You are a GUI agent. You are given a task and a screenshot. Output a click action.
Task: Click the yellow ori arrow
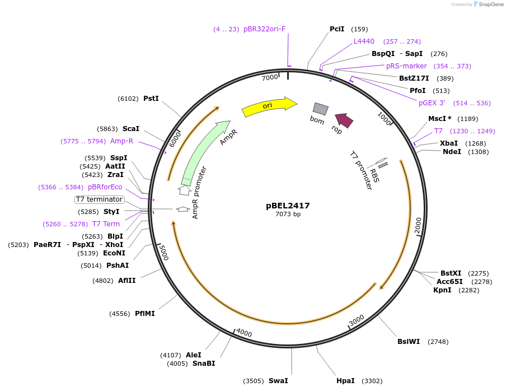point(269,106)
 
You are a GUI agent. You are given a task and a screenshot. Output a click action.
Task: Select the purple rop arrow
point(344,120)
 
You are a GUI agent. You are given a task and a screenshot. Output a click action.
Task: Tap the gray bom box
point(320,109)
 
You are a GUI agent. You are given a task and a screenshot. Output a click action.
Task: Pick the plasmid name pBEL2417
point(288,206)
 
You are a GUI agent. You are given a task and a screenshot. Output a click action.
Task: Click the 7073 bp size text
point(288,215)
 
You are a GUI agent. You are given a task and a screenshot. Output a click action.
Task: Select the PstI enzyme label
point(151,99)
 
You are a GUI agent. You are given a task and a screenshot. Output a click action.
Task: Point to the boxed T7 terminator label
point(100,199)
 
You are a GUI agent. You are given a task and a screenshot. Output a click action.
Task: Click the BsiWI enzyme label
point(409,342)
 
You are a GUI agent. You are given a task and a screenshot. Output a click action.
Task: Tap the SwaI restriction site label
point(278,381)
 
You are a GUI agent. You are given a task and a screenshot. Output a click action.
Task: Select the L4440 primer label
point(364,41)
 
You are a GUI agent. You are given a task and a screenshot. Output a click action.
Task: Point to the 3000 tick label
point(357,320)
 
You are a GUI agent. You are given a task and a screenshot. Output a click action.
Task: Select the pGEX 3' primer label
point(432,103)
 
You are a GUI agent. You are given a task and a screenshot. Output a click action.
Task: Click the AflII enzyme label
point(127,281)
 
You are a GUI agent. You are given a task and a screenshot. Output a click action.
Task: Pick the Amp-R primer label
point(121,141)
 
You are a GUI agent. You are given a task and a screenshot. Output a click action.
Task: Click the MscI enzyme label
point(440,119)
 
